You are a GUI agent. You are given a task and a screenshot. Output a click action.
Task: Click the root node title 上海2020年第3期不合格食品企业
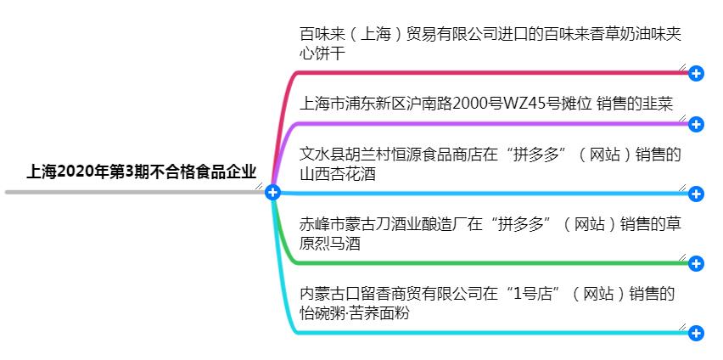[x=141, y=172]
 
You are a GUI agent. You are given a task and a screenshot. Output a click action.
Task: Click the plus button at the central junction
[x=272, y=193]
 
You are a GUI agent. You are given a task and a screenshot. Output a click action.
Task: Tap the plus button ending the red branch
[x=696, y=74]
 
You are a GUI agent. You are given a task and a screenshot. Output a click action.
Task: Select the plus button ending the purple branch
[x=696, y=125]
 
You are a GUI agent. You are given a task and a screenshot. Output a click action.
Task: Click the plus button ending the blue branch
[x=696, y=194]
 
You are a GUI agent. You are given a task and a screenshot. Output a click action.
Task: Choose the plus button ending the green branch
[x=696, y=263]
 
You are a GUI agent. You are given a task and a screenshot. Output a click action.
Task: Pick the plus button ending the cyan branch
[x=696, y=333]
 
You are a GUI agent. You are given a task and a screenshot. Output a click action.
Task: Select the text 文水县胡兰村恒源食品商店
[x=390, y=155]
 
